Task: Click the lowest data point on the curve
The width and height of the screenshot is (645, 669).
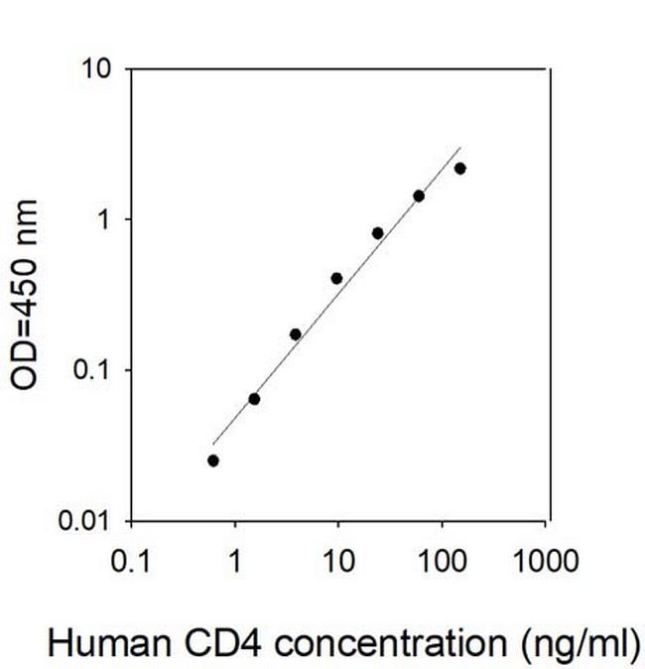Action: [x=213, y=461]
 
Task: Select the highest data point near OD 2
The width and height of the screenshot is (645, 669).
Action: [x=459, y=169]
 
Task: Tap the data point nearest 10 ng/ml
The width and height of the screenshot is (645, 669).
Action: [x=336, y=278]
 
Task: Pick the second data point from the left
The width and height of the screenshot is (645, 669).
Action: [x=254, y=399]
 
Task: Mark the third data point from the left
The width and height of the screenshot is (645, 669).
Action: [x=296, y=334]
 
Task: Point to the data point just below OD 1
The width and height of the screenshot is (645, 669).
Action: [x=378, y=233]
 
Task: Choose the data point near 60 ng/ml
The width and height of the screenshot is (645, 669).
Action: [x=419, y=196]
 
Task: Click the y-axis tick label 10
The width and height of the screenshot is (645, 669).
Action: [x=97, y=68]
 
